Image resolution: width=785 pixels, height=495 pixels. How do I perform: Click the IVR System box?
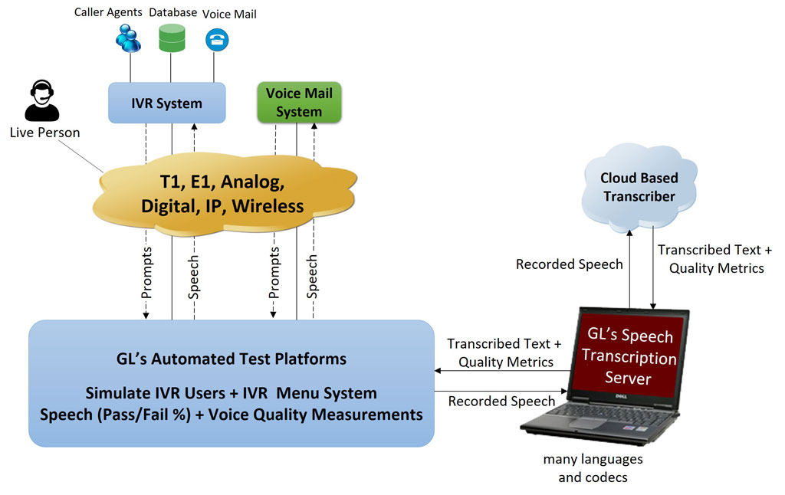(x=166, y=103)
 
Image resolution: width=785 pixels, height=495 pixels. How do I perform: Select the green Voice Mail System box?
(x=299, y=103)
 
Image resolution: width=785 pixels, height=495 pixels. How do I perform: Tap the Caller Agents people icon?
(x=128, y=38)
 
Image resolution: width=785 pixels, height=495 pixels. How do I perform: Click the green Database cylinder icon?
(x=172, y=38)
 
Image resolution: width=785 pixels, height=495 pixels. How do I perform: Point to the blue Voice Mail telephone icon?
(x=217, y=40)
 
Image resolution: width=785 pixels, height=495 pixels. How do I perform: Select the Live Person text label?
(x=44, y=133)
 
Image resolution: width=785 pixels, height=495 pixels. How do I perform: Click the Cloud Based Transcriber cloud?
(x=639, y=187)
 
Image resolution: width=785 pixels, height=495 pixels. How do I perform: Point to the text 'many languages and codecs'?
(x=593, y=468)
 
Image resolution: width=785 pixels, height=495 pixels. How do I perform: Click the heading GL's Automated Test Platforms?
(x=232, y=359)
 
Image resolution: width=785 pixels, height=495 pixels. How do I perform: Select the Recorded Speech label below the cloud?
(x=570, y=264)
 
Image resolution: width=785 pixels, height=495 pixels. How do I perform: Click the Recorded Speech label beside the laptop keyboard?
(x=501, y=402)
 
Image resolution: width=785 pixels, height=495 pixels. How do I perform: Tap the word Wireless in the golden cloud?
(x=268, y=206)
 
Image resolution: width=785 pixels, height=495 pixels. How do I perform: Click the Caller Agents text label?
(x=108, y=12)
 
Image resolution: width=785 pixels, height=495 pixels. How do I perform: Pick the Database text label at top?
(x=172, y=12)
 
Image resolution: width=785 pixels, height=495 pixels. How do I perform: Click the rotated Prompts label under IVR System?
(x=146, y=273)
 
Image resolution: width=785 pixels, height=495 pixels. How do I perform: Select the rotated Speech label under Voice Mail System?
(x=312, y=277)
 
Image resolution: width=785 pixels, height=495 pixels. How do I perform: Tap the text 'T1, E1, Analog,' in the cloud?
(x=222, y=182)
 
